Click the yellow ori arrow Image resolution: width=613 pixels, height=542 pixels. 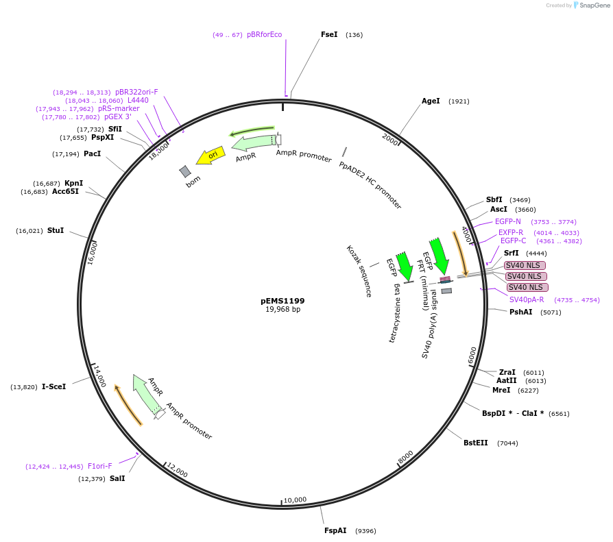[x=211, y=156]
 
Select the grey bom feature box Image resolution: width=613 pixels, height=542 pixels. [x=185, y=171]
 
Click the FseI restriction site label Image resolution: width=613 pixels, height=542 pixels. [x=329, y=34]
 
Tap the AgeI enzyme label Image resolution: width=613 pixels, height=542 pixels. [x=431, y=101]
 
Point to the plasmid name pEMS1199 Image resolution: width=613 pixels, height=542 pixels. [x=283, y=301]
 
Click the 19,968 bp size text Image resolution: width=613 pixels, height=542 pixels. [x=283, y=310]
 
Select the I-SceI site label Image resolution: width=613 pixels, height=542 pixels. [x=54, y=386]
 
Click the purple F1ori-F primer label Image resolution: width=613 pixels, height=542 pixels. [x=100, y=466]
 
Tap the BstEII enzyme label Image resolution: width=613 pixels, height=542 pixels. [x=476, y=443]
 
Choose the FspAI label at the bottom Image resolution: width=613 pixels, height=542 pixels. [x=335, y=530]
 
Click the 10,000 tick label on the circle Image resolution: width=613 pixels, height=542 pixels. [x=295, y=500]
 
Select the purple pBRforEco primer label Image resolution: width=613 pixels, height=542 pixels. [x=265, y=34]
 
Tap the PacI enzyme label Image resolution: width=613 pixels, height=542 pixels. [x=93, y=153]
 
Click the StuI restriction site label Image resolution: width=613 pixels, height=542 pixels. [x=56, y=230]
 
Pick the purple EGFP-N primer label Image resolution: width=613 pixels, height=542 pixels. [x=508, y=221]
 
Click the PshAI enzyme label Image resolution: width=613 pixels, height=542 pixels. [x=521, y=312]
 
